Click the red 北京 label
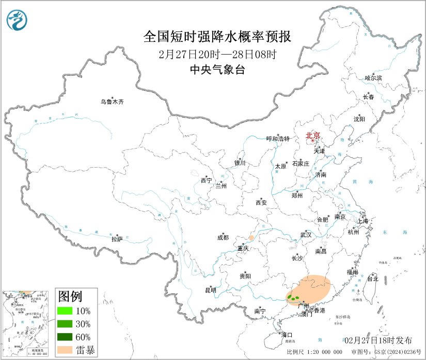pyautogui.click(x=313, y=136)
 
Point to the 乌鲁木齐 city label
pyautogui.click(x=112, y=102)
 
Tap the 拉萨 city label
pyautogui.click(x=117, y=239)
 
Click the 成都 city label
pyautogui.click(x=223, y=238)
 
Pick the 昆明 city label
pyautogui.click(x=211, y=290)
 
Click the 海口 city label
pyautogui.click(x=287, y=335)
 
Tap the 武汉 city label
pyautogui.click(x=306, y=235)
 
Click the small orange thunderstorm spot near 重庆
pyautogui.click(x=251, y=238)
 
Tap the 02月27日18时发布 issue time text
pyautogui.click(x=378, y=340)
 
